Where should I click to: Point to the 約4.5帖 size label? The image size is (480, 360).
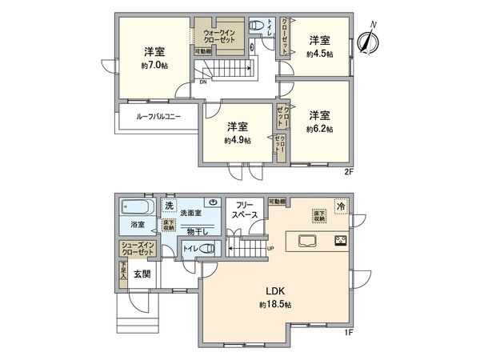(319, 54)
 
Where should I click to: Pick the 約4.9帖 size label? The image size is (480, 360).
(238, 139)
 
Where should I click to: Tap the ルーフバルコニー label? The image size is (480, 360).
(158, 117)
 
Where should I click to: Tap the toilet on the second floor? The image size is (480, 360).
(258, 27)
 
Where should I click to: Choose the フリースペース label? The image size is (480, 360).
(245, 210)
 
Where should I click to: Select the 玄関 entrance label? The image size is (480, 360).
(142, 274)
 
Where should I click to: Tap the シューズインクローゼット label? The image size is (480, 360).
(138, 249)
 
